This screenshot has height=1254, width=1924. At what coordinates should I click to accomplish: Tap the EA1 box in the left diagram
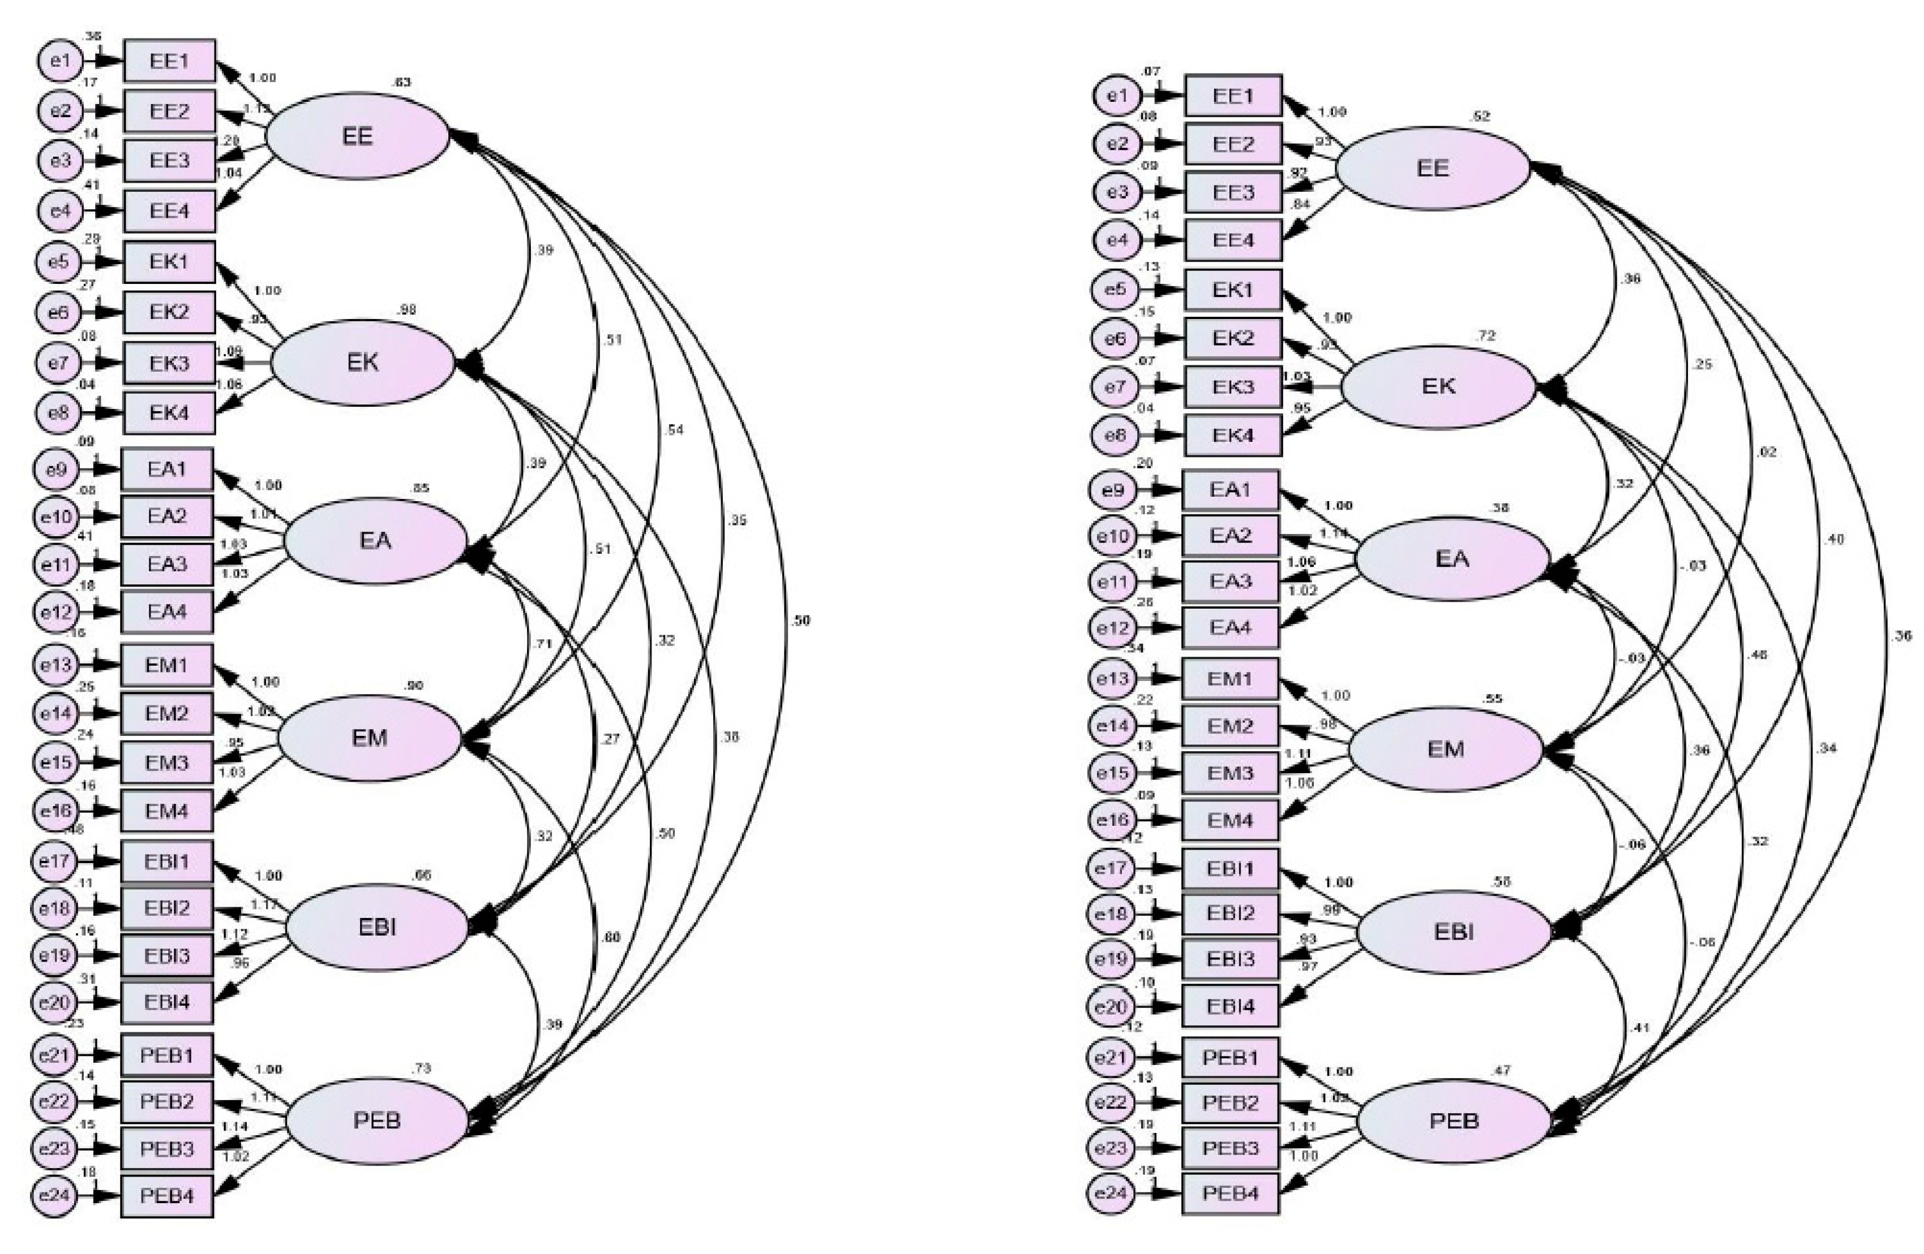tap(168, 469)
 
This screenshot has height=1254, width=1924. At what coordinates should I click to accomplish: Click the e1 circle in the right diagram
tap(1116, 96)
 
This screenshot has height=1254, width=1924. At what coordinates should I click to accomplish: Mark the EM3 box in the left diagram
tap(168, 762)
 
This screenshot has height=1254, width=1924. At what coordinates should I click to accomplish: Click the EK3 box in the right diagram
tap(1233, 387)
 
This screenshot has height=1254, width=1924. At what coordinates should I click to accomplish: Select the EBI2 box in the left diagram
tap(168, 908)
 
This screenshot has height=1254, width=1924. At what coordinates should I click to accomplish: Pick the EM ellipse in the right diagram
tap(1446, 749)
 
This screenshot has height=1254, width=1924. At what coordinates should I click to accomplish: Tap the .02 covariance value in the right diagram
tap(1767, 452)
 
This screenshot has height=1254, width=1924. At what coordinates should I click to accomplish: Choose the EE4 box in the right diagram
tap(1233, 240)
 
